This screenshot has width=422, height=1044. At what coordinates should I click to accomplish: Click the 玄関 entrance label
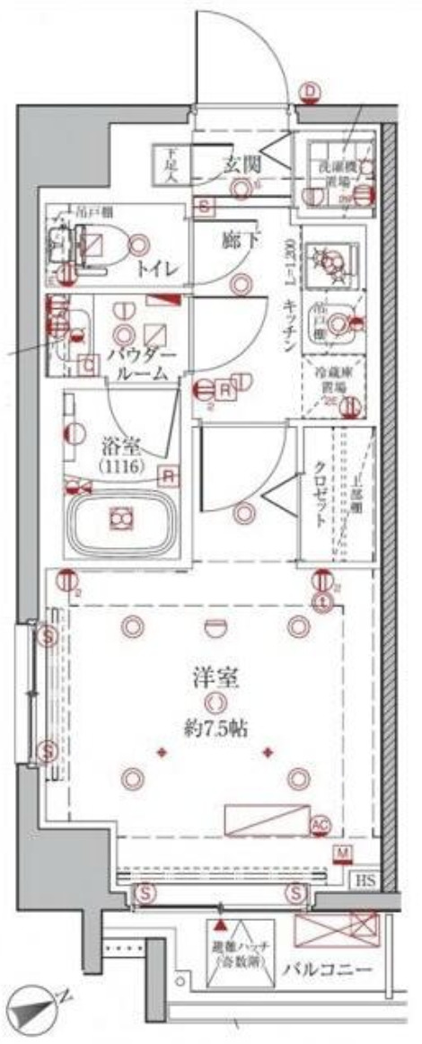[242, 164]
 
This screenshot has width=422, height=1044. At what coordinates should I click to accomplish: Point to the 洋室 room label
[212, 679]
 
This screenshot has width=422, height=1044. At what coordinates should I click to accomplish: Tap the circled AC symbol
[320, 825]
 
